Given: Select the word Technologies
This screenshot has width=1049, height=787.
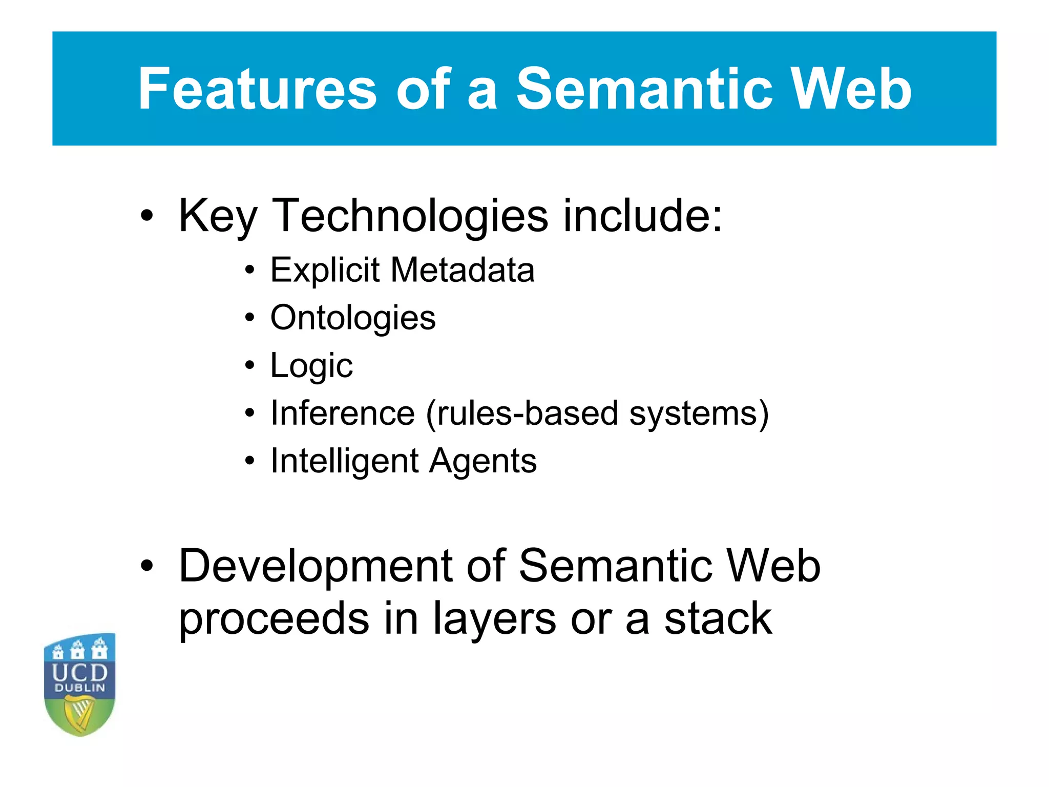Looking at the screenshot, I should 410,216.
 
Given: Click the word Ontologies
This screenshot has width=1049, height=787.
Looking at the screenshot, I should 353,318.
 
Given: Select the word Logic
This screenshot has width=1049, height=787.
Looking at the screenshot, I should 311,366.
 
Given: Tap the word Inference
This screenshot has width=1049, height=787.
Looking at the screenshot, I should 342,413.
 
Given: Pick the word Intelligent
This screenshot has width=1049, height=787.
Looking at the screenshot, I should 344,461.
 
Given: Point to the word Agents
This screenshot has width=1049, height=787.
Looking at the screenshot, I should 483,461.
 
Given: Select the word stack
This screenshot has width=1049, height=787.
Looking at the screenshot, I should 718,619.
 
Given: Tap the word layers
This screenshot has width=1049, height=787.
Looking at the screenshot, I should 494,619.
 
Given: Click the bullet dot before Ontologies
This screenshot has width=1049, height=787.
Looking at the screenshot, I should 249,318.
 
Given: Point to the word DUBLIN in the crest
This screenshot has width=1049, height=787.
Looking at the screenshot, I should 80,688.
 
